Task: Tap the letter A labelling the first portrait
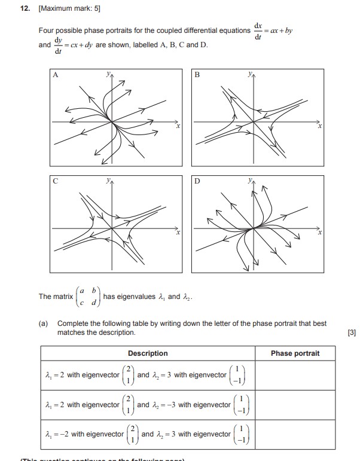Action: (56, 75)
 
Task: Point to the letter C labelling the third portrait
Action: (56, 180)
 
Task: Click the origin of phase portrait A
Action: (112, 122)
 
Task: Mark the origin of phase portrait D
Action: (254, 227)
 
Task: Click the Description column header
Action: (148, 353)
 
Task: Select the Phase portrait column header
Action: (295, 353)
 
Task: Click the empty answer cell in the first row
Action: (295, 375)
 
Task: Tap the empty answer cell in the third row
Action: (295, 435)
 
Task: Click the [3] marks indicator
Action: (350, 332)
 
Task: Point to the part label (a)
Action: (43, 323)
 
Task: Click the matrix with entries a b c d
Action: (88, 297)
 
